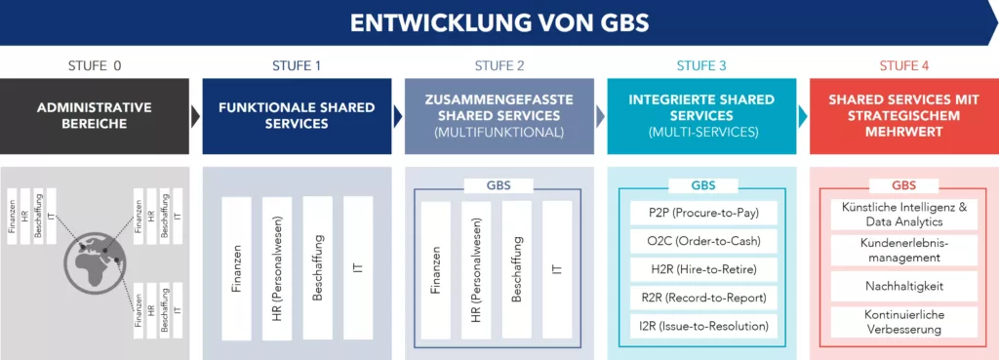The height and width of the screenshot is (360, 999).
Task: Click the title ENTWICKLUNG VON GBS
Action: click(499, 21)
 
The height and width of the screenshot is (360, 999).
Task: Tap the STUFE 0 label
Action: click(95, 66)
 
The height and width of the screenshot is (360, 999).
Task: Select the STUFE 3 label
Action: click(700, 66)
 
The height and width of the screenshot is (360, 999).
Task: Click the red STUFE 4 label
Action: click(902, 66)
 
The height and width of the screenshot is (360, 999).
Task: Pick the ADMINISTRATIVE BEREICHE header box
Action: click(95, 115)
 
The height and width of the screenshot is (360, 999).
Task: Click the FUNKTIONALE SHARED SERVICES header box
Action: click(297, 115)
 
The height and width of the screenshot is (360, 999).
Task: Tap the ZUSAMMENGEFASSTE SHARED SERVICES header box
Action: click(499, 115)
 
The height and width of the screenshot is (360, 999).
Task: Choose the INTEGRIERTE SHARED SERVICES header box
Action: click(700, 115)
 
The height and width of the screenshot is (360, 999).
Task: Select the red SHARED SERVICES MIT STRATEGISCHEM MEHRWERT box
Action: click(902, 115)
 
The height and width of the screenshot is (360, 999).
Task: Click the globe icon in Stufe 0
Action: click(95, 260)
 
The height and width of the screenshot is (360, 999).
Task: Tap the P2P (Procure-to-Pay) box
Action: click(700, 212)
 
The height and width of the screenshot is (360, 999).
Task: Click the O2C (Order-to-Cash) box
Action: click(700, 240)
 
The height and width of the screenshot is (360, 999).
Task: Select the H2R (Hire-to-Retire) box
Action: click(700, 268)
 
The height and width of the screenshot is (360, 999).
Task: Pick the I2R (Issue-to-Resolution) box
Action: click(700, 325)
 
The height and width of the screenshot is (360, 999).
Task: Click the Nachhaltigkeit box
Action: click(902, 287)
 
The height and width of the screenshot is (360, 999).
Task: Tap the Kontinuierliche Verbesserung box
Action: click(902, 322)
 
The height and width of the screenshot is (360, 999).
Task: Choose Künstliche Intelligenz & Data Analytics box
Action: click(902, 215)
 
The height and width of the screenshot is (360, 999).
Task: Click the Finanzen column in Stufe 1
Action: click(236, 268)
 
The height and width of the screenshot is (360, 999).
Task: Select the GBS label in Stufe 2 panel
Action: click(499, 185)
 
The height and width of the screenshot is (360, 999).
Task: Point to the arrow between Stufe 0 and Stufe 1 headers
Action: click(195, 115)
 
